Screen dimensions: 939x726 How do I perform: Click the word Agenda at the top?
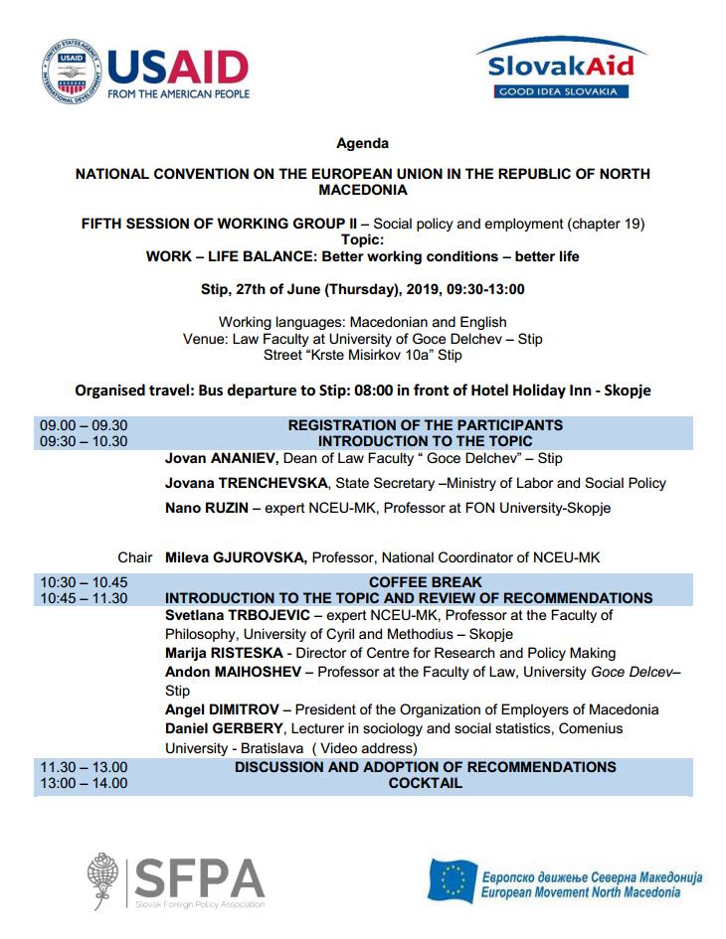coord(362,143)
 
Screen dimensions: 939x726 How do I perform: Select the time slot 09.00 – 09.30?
coord(84,425)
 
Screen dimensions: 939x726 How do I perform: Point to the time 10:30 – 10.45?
coord(84,582)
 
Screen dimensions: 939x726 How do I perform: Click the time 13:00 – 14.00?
coord(84,783)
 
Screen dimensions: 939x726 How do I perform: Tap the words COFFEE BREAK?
coord(425,582)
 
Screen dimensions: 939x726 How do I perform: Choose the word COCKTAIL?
coord(425,783)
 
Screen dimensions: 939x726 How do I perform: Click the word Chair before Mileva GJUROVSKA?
coord(135,557)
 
